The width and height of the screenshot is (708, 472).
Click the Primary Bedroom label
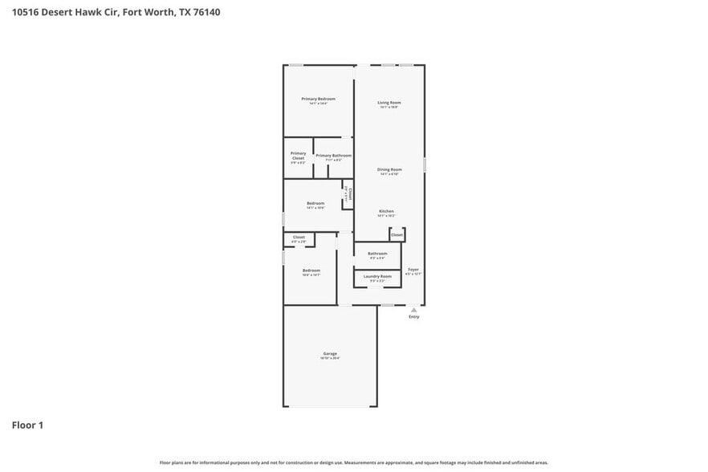[318, 99]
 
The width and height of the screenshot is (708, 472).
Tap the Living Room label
[389, 102]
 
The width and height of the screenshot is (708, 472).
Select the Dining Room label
[389, 169]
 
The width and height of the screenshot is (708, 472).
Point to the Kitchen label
[386, 211]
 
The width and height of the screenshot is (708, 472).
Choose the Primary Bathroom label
[333, 155]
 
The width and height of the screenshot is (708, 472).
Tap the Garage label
[330, 353]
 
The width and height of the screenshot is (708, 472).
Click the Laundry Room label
[377, 276]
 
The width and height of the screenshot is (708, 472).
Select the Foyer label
[413, 270]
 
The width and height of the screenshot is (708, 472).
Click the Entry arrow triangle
[413, 309]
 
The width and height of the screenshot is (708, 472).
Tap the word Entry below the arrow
[413, 317]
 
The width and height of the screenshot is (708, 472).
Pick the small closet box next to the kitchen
[397, 234]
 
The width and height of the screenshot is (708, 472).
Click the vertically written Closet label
[349, 193]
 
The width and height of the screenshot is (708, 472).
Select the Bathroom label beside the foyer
[377, 254]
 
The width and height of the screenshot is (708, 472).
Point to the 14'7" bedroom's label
[311, 271]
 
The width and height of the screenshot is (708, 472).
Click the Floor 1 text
[27, 425]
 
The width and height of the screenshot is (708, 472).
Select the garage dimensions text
[330, 358]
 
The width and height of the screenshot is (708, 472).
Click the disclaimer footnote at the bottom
[353, 462]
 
